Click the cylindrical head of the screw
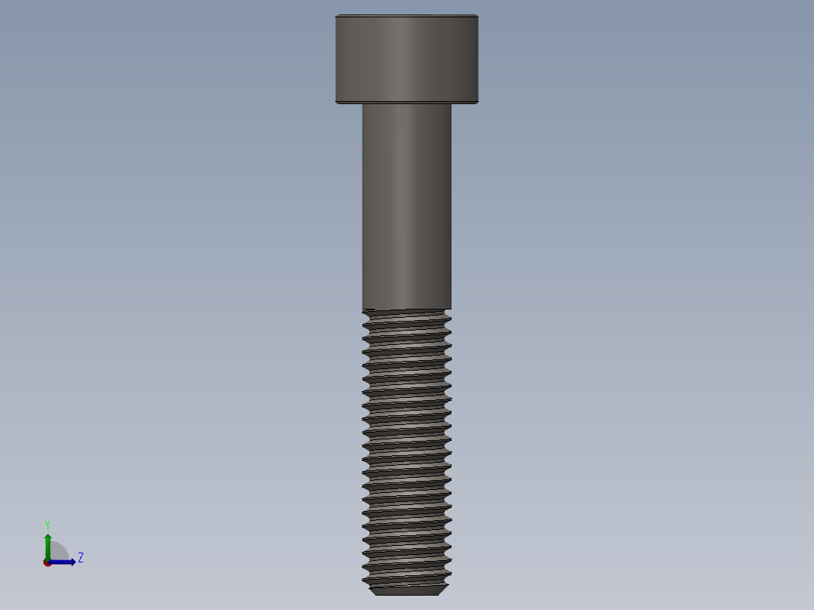point(406,59)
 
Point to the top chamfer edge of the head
point(406,16)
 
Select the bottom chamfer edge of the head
point(406,101)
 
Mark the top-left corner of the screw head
point(337,16)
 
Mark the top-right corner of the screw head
point(477,16)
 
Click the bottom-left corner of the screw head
point(337,103)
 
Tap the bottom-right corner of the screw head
point(477,103)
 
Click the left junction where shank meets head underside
point(362,104)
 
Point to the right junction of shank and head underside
point(451,104)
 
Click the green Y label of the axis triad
point(47,524)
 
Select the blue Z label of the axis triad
point(80,558)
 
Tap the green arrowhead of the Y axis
point(48,537)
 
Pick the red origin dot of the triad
point(48,562)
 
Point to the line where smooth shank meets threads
point(406,310)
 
